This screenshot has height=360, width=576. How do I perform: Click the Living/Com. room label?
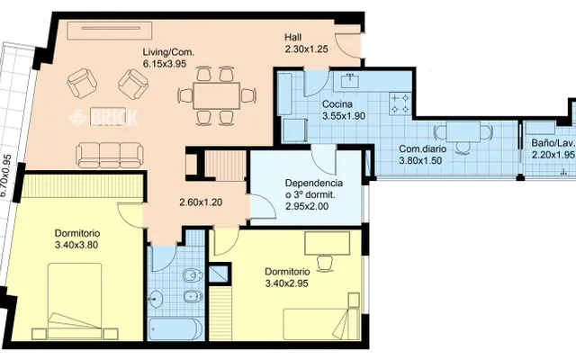coord(168,52)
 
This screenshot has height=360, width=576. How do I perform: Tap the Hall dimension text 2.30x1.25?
coord(306,49)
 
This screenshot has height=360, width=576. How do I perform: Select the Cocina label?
coord(337,104)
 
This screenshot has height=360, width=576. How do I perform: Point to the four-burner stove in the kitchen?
coord(400,103)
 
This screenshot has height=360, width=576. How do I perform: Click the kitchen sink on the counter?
coord(350,80)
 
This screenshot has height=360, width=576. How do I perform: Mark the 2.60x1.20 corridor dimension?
coord(201,202)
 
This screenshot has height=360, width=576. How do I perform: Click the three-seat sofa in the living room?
coord(110,156)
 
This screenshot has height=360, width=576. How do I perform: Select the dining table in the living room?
coord(217,95)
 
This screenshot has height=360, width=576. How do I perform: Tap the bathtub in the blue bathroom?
coord(175,329)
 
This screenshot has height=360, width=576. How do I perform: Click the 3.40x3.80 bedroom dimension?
coord(76,245)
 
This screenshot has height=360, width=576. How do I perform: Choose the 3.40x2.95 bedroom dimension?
coord(286,283)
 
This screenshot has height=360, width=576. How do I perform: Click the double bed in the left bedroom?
coord(75,301)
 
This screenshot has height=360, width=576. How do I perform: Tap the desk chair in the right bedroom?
coord(325,263)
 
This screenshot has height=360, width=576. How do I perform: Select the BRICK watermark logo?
coord(103,117)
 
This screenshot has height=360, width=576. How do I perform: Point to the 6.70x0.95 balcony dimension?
coord(6,176)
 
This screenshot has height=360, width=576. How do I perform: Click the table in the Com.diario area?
coord(463,132)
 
